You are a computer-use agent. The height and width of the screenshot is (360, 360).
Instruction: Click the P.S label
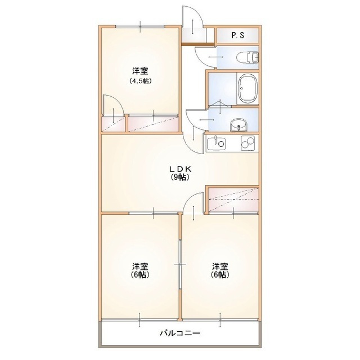(x=237, y=35)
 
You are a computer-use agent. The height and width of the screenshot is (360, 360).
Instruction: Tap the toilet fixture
(x=246, y=57)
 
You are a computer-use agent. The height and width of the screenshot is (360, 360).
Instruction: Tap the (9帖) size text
(x=180, y=177)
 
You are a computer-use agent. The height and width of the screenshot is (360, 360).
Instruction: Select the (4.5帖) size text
(x=140, y=80)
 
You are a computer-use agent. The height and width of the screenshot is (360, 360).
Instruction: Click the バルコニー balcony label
(x=180, y=333)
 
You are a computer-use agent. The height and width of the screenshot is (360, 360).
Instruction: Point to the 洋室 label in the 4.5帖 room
(x=140, y=71)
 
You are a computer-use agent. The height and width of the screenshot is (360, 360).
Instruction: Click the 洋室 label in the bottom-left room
(x=140, y=266)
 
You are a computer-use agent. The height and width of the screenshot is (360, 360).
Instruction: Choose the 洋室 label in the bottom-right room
(x=220, y=266)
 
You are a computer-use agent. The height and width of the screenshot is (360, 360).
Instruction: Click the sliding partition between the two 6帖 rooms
(x=180, y=263)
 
